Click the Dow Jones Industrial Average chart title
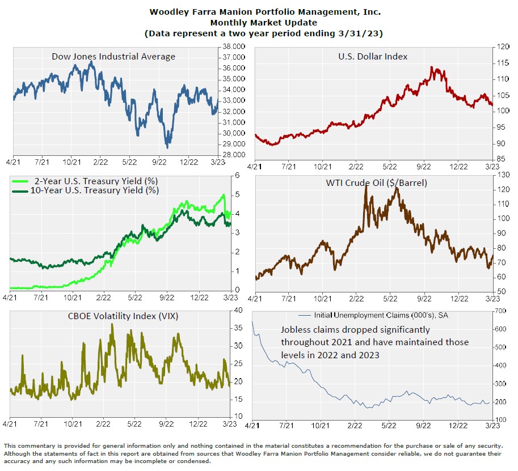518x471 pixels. [113, 57]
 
